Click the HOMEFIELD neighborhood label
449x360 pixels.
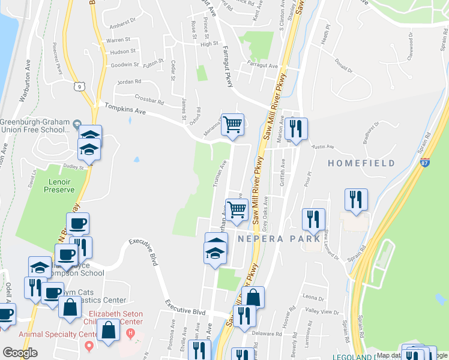[361, 163]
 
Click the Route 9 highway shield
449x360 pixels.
[80, 86]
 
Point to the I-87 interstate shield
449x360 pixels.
[424, 163]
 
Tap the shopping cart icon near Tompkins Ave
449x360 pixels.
[232, 125]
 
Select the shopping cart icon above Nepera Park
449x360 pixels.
[237, 209]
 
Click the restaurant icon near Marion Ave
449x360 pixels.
[296, 128]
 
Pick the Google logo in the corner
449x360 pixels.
[20, 353]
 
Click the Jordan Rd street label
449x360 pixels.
[129, 82]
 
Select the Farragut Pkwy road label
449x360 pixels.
[228, 67]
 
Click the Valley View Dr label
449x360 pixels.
[322, 312]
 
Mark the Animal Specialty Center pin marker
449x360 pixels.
[89, 346]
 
